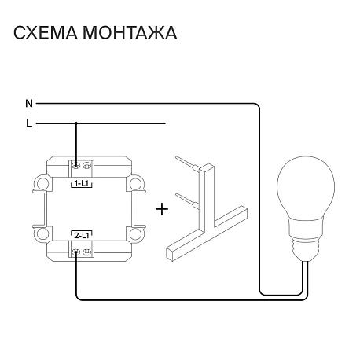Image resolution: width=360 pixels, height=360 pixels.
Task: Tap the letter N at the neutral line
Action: click(29, 104)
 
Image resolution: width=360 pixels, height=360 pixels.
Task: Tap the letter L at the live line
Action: click(29, 123)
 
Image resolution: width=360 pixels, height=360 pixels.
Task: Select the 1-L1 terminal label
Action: click(81, 184)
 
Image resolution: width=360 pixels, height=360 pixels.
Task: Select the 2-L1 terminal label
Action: click(82, 236)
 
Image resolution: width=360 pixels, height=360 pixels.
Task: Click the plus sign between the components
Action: click(162, 209)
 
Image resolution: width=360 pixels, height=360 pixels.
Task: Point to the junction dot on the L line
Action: click(76, 123)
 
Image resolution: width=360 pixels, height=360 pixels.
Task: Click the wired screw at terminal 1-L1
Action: click(76, 166)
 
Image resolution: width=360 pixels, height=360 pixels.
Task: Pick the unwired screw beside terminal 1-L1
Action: click(86, 166)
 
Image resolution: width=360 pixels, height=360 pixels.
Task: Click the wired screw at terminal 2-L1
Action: click(76, 252)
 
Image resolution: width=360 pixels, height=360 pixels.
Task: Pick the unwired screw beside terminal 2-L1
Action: click(86, 252)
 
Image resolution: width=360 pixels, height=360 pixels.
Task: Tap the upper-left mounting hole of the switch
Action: click(42, 184)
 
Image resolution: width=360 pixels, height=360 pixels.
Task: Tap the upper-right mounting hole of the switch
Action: click(135, 184)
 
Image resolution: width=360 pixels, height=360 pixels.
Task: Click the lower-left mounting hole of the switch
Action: click(42, 234)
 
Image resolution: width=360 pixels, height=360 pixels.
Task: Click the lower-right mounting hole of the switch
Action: click(135, 234)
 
